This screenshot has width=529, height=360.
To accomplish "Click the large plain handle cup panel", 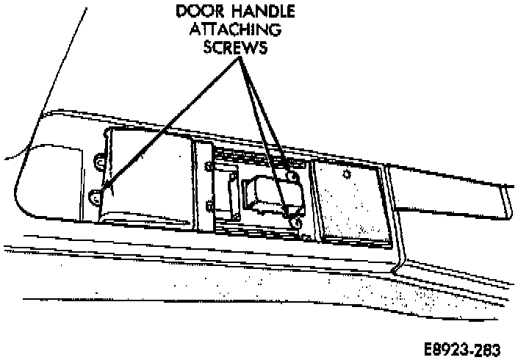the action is click(x=147, y=176).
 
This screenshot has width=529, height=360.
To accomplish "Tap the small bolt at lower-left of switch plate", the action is click(x=211, y=207).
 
